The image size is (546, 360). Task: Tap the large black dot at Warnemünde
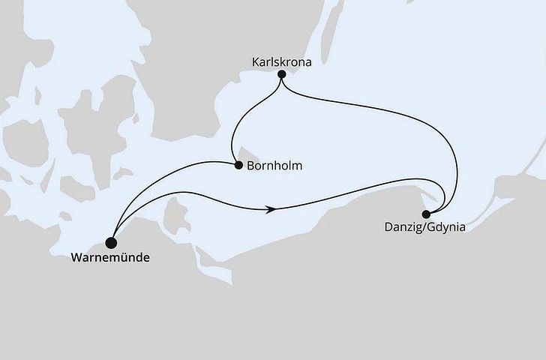pos(112,242)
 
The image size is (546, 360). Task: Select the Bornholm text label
pos(274,166)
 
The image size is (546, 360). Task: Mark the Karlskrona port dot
pos(281,74)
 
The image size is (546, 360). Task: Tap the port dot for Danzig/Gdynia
pos(427,213)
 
